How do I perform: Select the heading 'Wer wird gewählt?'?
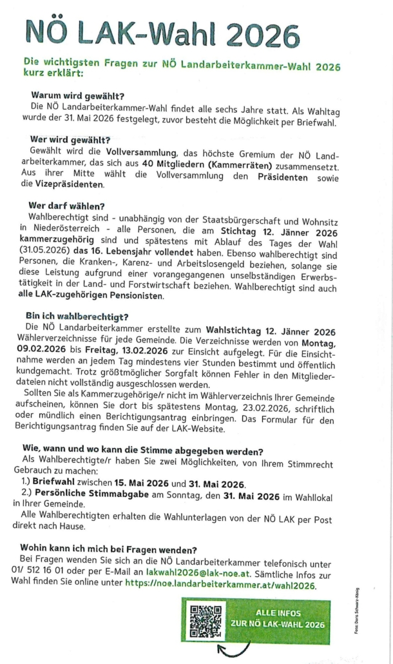(70, 139)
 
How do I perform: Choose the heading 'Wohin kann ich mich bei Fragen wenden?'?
(108, 549)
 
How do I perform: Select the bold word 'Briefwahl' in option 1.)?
(53, 484)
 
